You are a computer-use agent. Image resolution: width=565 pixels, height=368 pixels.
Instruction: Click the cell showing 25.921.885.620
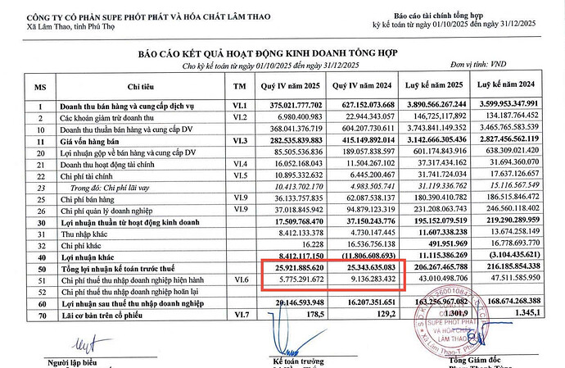[292, 268]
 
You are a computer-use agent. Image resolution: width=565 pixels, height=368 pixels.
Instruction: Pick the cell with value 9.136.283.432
[364, 279]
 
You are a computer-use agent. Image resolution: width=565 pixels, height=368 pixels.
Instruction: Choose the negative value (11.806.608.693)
[364, 257]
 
